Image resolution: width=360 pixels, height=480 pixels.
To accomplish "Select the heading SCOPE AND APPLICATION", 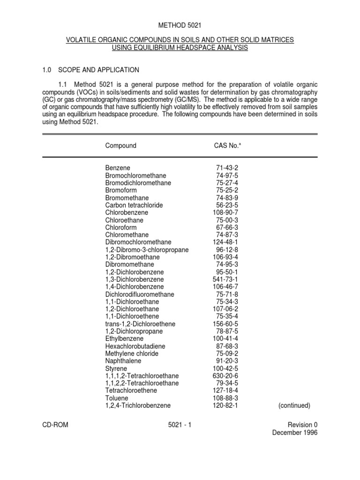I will click(98, 70).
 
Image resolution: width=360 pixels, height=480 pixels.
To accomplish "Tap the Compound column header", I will click(121, 145).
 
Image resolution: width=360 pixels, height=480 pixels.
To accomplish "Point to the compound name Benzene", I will click(118, 168).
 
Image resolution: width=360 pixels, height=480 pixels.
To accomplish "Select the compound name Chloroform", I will click(121, 227).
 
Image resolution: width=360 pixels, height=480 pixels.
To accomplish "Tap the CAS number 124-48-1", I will click(225, 242).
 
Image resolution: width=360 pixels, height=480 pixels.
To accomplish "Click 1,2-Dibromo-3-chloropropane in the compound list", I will click(147, 250).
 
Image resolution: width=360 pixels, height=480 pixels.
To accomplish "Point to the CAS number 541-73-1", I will click(225, 279).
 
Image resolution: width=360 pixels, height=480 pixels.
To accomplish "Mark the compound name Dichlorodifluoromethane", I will click(140, 294).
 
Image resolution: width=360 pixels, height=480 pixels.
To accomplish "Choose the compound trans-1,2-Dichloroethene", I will click(138, 324).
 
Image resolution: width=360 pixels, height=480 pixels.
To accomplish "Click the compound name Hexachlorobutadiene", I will click(135, 346).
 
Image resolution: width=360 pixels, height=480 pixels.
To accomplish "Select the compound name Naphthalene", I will click(123, 361).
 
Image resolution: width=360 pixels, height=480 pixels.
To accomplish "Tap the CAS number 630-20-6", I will click(225, 376).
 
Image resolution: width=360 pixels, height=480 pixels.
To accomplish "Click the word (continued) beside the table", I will click(294, 405).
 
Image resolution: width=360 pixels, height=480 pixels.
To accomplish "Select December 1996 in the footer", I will click(295, 433).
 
